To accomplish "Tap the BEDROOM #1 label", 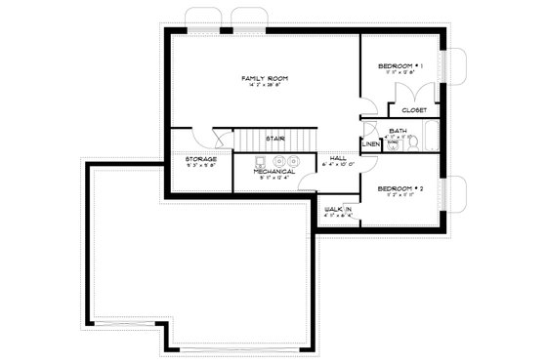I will tap(401, 65).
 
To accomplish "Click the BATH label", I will tap(398, 130).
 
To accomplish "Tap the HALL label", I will tap(338, 158).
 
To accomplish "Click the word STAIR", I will tap(274, 139).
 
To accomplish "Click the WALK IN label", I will tap(338, 209).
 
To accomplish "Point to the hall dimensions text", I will tap(338, 166).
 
